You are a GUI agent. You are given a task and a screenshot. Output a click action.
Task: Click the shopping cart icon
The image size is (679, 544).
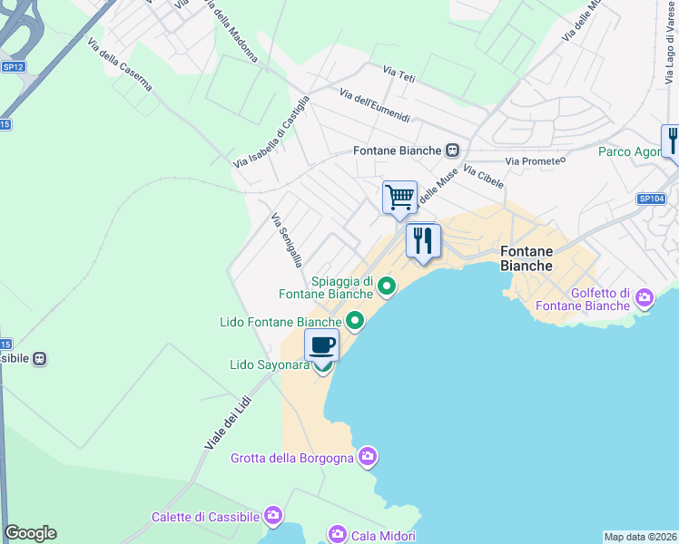(399, 197)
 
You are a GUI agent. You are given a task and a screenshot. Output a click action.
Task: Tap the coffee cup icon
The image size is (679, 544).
(322, 345)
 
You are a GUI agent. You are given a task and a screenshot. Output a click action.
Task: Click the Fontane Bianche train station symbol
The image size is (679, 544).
(452, 151)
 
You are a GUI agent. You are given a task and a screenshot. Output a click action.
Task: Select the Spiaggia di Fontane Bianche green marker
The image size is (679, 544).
(387, 287)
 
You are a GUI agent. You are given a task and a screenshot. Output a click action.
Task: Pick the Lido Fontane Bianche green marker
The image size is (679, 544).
(354, 320)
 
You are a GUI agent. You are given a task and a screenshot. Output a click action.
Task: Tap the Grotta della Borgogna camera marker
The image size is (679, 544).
(367, 455)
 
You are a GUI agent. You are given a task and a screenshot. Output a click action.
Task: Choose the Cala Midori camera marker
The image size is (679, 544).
(337, 533)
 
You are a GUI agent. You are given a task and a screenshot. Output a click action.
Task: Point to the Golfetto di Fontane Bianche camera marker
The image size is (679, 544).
(645, 296)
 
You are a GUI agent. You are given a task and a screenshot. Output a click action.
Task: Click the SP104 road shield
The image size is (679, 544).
(651, 199)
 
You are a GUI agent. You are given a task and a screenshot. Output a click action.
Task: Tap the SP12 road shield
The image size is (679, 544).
(13, 66)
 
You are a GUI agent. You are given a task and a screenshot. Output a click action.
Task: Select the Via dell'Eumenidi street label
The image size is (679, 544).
(375, 106)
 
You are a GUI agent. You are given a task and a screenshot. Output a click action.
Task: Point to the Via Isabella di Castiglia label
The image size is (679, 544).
(271, 132)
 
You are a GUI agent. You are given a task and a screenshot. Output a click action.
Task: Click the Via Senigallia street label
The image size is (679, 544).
(286, 240)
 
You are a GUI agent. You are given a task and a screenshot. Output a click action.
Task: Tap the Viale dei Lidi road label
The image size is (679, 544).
(226, 418)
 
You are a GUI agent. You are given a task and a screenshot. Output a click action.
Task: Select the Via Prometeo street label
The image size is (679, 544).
(536, 160)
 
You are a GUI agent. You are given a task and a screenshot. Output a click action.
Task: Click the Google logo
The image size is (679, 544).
(31, 533)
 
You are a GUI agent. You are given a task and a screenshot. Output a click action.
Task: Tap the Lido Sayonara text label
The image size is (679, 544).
(271, 365)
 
